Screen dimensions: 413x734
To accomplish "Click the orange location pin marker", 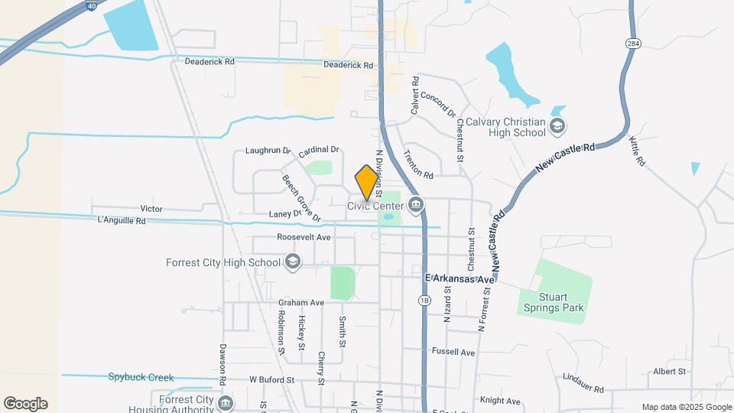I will [367, 182].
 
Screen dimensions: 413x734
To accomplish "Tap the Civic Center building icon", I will [417, 204].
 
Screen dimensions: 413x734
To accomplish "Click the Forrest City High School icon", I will [291, 263].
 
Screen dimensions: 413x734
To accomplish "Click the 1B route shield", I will [424, 301].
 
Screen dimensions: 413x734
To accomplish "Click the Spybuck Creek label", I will [141, 377].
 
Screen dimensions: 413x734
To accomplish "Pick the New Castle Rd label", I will [567, 158].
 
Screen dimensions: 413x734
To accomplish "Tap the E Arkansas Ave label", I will [460, 279].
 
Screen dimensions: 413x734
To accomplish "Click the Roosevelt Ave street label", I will [304, 238].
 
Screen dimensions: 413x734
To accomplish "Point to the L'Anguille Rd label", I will [122, 221].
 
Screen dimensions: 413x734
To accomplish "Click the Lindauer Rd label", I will [583, 378].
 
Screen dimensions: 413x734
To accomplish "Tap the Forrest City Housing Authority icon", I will [225, 403].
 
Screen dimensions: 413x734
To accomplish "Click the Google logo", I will [25, 404].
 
